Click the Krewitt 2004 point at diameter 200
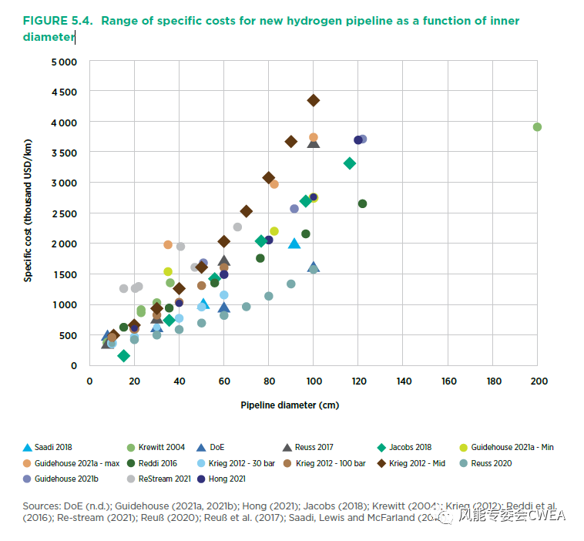click(537, 127)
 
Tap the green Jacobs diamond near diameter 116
click(350, 163)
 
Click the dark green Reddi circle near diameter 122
click(362, 203)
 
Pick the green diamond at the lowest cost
click(123, 355)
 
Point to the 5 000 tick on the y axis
click(64, 62)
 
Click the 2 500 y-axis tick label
click(64, 213)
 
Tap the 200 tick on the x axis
click(539, 381)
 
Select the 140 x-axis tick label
click(404, 381)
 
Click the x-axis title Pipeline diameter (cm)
click(290, 405)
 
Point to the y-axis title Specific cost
click(28, 210)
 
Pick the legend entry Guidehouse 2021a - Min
click(512, 447)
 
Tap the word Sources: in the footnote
click(42, 504)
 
